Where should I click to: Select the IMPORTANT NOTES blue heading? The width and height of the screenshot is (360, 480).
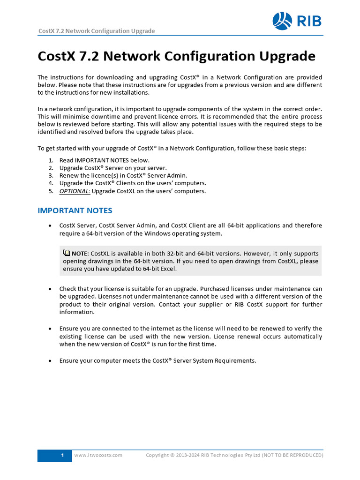click(75, 210)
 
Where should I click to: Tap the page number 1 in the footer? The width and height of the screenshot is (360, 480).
click(62, 455)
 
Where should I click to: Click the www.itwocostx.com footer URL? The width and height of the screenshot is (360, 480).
click(98, 455)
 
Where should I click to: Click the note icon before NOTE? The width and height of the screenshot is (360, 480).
click(66, 253)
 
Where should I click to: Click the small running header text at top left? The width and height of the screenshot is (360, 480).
click(96, 31)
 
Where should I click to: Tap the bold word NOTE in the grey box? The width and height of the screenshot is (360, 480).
click(80, 253)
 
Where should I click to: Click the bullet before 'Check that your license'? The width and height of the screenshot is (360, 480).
click(50, 289)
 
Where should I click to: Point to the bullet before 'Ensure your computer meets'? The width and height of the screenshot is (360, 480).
click(50, 360)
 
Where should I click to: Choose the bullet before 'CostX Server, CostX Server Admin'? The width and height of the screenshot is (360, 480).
click(50, 225)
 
